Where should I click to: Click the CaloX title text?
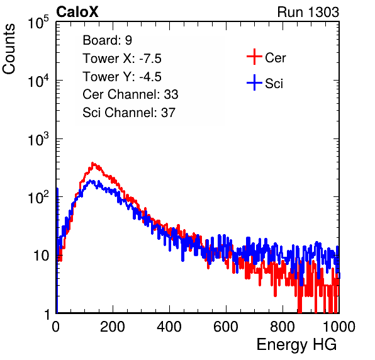coord(77,11)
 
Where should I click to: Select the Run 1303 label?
coord(308,12)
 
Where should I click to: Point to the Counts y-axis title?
coord(9,49)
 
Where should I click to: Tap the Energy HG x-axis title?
coord(296,345)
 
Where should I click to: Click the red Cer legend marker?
coord(254,57)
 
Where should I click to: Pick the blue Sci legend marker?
coord(254,82)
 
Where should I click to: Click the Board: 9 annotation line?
coord(107,40)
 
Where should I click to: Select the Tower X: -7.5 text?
coord(122,59)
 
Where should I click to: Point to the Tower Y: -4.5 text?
coord(122,77)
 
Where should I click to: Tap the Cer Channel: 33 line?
coord(130,94)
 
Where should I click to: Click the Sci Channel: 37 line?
coord(129,113)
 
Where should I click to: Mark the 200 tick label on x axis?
coord(113,327)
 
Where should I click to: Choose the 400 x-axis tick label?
coord(169,327)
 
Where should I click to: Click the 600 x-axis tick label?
coord(226,327)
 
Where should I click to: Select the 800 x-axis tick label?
coord(283,327)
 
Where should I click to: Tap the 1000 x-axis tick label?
coord(339,327)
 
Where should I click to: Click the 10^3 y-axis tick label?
coord(38,139)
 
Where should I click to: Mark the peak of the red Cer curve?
coord(93,163)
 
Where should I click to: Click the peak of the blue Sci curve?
coord(91,181)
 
